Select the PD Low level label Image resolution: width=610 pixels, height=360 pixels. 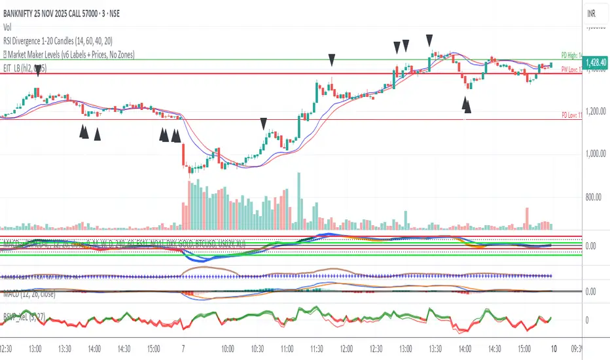pyautogui.click(x=571, y=115)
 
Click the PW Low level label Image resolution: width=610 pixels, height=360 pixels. pyautogui.click(x=571, y=69)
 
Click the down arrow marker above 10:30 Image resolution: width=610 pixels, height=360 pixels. pyautogui.click(x=263, y=122)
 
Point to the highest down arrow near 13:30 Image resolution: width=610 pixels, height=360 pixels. pyautogui.click(x=429, y=39)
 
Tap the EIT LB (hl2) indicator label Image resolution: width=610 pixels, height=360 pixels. pyautogui.click(x=23, y=68)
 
